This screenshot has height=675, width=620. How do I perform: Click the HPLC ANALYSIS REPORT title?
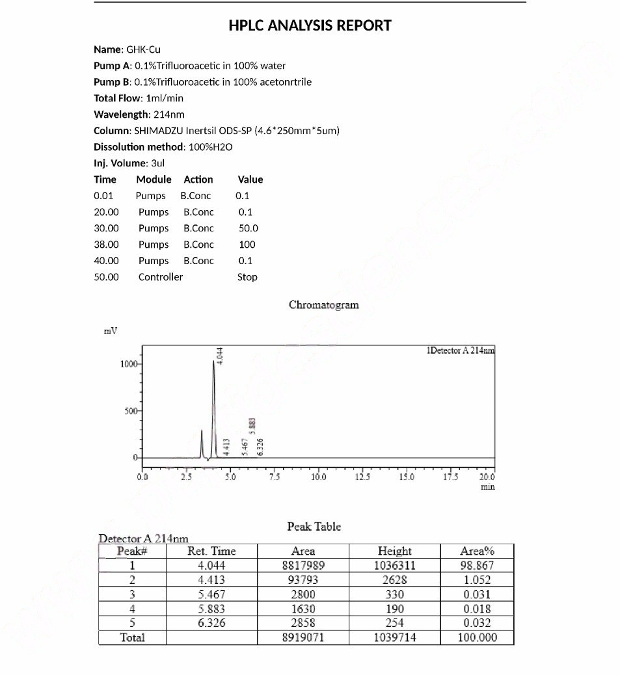pos(310,26)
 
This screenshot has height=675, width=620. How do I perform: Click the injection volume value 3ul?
pos(157,163)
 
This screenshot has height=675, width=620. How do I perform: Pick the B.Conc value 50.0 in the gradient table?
pos(248,228)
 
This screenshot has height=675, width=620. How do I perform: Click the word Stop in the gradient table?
pos(247,277)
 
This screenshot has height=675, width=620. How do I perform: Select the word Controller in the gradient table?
pos(160,277)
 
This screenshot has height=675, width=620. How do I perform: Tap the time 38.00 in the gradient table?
pos(106,245)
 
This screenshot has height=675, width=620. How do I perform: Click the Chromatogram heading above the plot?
pos(323,304)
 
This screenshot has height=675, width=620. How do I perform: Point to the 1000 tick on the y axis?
pos(128,364)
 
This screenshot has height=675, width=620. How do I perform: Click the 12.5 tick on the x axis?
pos(363,477)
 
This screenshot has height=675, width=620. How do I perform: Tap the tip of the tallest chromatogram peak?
pos(213,362)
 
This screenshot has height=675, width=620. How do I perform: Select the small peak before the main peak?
pos(202,432)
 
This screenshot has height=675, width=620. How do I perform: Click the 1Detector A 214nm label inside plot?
pos(460,351)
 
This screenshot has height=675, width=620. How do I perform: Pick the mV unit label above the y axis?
pos(111,331)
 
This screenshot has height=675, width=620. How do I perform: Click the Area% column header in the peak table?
pos(476,551)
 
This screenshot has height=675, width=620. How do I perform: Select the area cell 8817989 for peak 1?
pos(303,566)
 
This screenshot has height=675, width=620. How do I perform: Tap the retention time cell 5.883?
pos(211,609)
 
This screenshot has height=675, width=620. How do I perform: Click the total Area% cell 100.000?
pos(476,638)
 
